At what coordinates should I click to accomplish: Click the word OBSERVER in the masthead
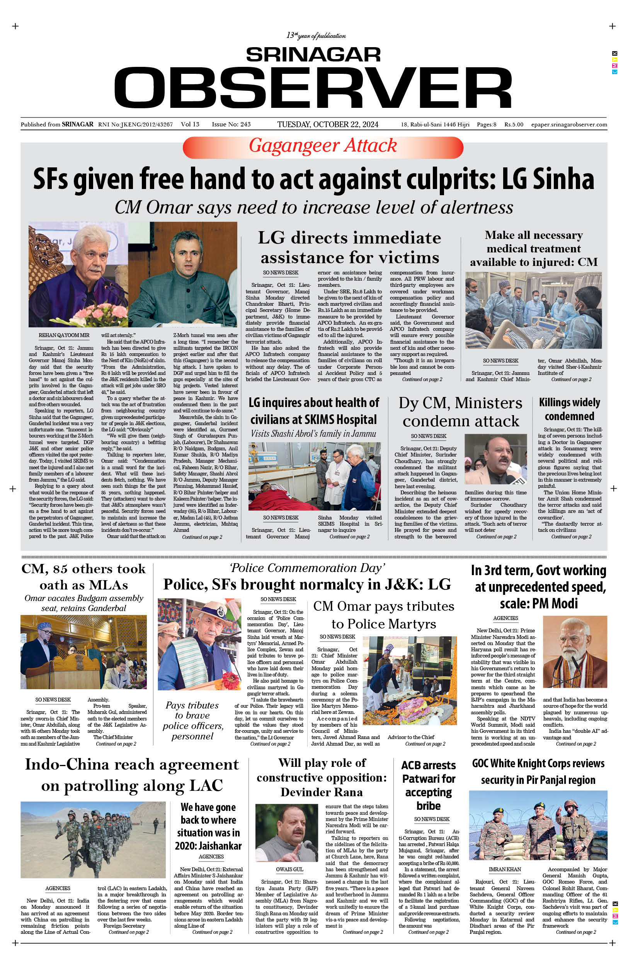(x=313, y=87)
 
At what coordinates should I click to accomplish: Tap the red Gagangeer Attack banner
(x=323, y=146)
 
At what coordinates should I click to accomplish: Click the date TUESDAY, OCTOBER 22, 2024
(x=328, y=124)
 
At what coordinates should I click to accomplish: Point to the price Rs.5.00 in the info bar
(x=513, y=124)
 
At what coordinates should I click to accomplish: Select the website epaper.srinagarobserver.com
(x=569, y=124)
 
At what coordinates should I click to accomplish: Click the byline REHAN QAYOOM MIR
(x=64, y=336)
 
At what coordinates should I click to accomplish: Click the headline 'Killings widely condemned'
(x=569, y=409)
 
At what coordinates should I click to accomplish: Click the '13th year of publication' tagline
(x=316, y=36)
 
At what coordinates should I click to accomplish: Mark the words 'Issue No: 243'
(x=231, y=124)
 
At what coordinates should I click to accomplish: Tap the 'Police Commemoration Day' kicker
(x=307, y=568)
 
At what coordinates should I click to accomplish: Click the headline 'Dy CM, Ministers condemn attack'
(x=460, y=412)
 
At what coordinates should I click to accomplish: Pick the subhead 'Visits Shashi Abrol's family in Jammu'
(x=313, y=434)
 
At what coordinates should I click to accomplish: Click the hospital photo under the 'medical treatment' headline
(x=533, y=310)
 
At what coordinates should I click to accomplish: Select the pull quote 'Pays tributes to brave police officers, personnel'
(x=193, y=720)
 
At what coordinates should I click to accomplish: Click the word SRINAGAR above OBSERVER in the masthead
(x=313, y=55)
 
